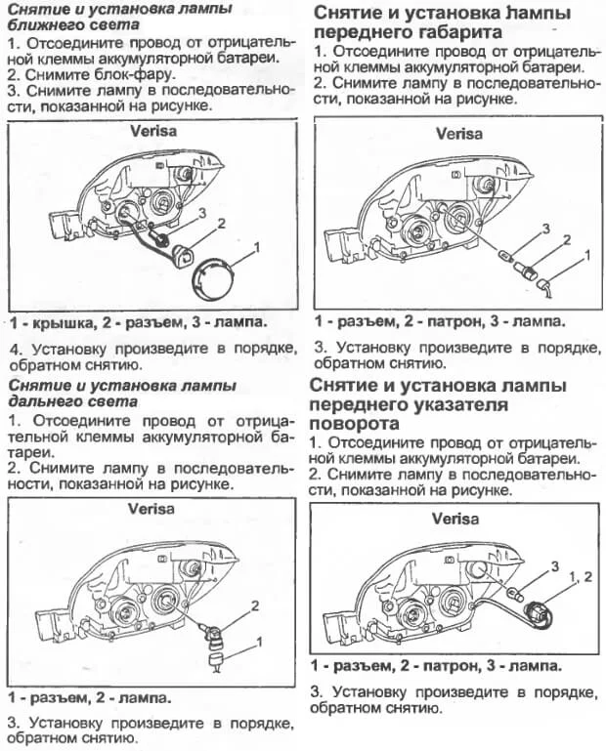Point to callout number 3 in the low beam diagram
(x=201, y=211)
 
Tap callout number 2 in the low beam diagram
(x=222, y=224)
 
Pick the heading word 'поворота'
(x=353, y=423)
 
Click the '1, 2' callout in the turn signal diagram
(x=581, y=578)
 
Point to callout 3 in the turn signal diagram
(x=554, y=565)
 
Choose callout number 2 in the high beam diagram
(x=254, y=605)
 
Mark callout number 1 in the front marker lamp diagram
(x=587, y=255)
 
